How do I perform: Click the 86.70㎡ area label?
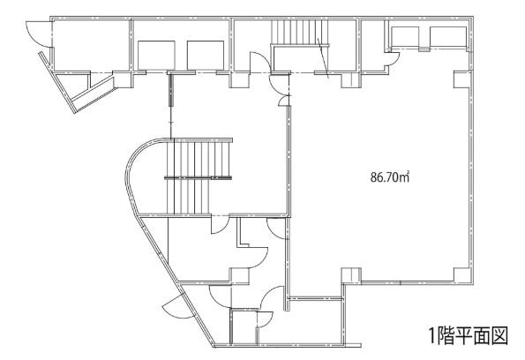390,176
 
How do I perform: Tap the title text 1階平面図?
469,335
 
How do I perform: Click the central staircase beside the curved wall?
199,176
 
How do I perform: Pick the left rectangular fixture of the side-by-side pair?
156,56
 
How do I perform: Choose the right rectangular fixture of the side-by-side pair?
206,56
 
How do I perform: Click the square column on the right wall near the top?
462,79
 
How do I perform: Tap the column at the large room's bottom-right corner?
462,276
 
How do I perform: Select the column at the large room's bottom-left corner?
351,276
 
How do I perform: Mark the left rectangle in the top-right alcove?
405,36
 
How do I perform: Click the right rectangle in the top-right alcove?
448,36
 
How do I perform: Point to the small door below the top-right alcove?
392,58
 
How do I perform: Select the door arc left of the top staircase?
260,61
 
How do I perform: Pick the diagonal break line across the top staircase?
324,58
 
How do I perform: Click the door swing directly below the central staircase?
220,224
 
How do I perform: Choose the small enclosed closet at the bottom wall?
244,326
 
